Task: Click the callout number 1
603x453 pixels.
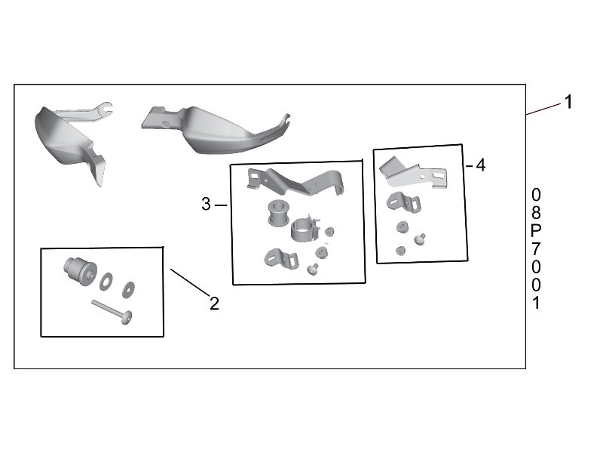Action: click(x=568, y=102)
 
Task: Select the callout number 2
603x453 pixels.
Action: click(x=214, y=304)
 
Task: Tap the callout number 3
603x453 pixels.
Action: click(x=206, y=204)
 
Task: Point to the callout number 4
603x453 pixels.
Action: click(x=481, y=165)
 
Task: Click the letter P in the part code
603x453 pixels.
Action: click(x=536, y=231)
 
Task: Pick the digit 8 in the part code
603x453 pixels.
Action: click(x=536, y=213)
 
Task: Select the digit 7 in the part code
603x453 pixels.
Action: click(x=536, y=249)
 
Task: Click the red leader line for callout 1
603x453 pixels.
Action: click(x=543, y=109)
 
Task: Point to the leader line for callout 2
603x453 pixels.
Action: click(x=190, y=282)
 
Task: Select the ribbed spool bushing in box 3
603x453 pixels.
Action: click(x=278, y=213)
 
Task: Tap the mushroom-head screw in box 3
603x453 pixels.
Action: click(x=313, y=269)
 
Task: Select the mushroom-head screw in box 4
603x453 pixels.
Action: click(x=420, y=239)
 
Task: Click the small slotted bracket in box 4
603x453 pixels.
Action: click(x=404, y=202)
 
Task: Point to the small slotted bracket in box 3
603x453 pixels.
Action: click(x=281, y=258)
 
